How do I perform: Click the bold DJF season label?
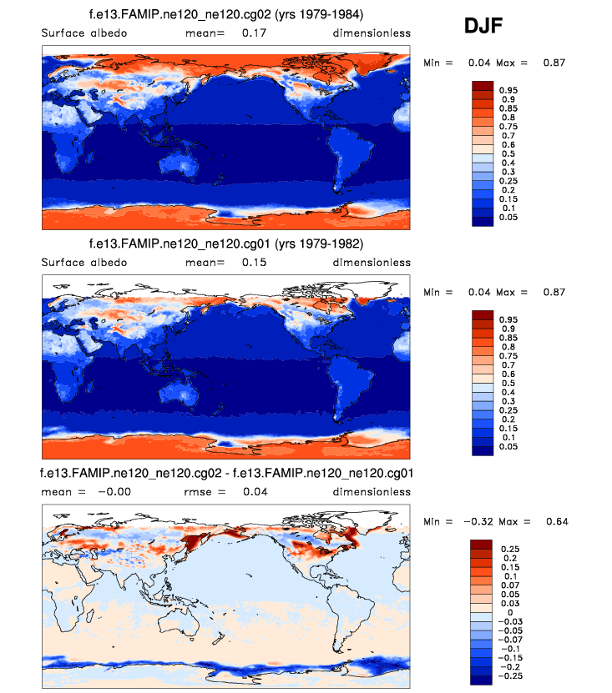(483, 28)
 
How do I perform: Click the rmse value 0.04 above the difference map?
(255, 491)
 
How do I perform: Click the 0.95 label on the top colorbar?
(508, 89)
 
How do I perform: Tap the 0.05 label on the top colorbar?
(508, 217)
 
